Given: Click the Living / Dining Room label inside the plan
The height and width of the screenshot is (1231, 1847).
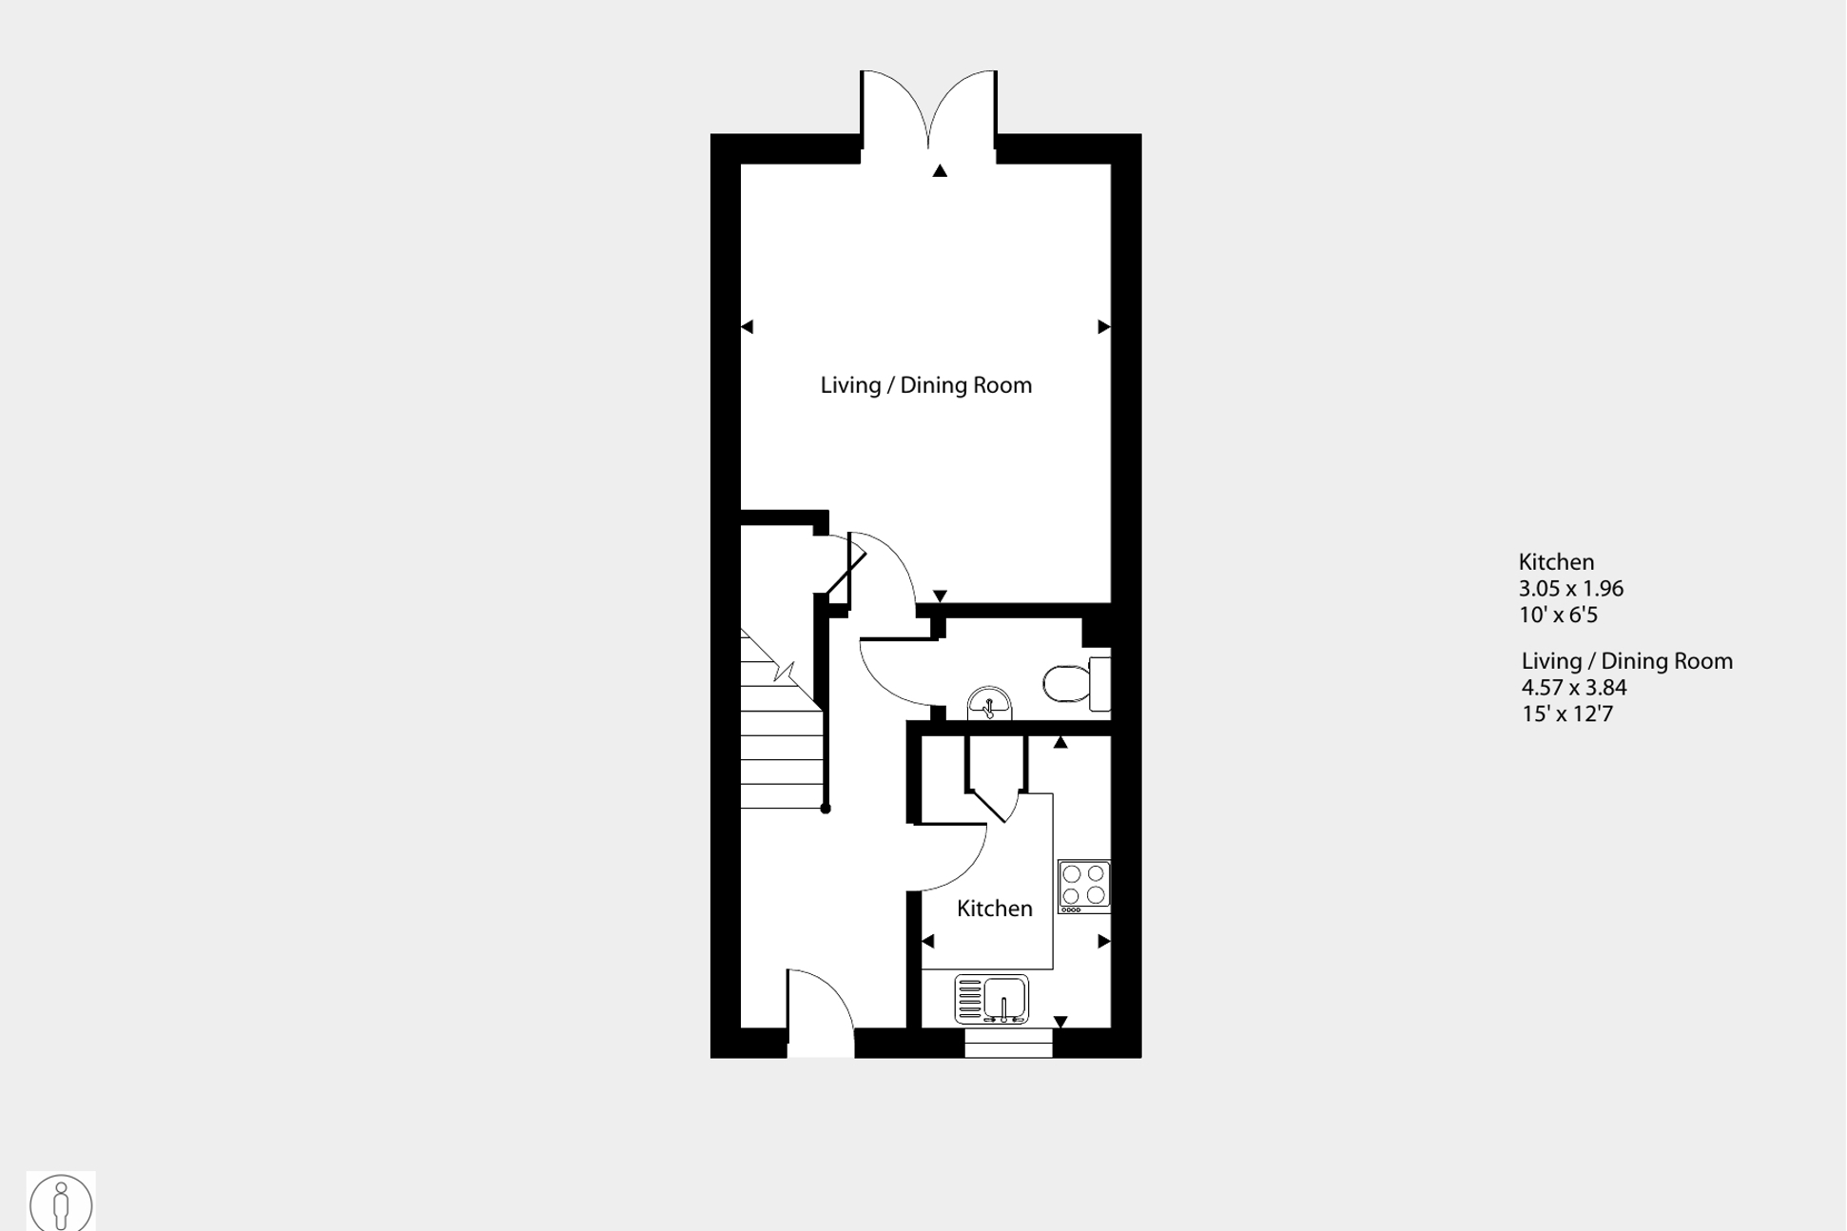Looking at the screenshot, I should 925,385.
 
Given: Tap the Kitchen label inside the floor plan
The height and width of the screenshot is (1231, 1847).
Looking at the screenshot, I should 994,909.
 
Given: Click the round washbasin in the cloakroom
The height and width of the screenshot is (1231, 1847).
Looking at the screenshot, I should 989,705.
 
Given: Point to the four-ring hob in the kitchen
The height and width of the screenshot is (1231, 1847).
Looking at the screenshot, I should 1083,886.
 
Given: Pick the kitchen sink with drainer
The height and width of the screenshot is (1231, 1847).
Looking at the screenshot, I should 991,999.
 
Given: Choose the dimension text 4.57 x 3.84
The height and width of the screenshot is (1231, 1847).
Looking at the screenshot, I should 1574,688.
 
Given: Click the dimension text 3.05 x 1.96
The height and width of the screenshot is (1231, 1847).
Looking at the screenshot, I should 1570,589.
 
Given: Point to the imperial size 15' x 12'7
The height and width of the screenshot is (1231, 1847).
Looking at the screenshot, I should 1566,714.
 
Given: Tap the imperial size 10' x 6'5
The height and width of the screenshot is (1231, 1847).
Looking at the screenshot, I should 1558,615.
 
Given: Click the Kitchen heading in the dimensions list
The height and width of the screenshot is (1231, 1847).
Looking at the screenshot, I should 1556,562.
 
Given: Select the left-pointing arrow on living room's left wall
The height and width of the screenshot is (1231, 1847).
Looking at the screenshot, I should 747,326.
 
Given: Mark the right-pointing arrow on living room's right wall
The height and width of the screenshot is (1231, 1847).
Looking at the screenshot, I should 1104,326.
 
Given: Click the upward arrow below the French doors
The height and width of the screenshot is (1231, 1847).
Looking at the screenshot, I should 940,171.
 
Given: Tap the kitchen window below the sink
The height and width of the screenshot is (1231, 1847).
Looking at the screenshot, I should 1008,1044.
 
